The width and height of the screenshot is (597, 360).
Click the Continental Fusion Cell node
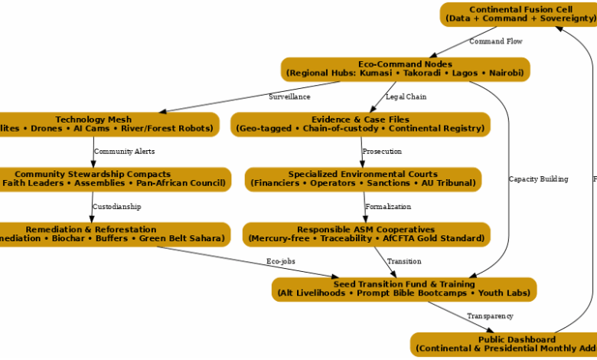517,15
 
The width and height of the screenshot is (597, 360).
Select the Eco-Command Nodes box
405,69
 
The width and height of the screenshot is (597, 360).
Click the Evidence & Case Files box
360,124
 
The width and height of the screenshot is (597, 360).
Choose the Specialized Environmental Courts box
363,179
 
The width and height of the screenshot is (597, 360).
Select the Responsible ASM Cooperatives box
366,234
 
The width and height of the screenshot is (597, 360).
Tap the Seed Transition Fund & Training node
403,289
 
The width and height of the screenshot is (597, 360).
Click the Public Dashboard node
505,344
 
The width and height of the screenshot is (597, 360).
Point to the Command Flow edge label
496,41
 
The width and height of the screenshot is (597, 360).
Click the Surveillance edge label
289,97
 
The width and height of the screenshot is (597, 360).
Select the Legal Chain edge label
406,97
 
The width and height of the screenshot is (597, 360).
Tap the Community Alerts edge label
124,152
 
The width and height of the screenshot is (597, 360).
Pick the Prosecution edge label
382,152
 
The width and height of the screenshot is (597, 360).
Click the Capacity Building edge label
538,179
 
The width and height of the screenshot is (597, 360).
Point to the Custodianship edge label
116,207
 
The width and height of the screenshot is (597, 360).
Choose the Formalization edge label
388,207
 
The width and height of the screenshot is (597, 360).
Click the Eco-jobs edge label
281,262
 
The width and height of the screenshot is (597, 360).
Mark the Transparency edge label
490,316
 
